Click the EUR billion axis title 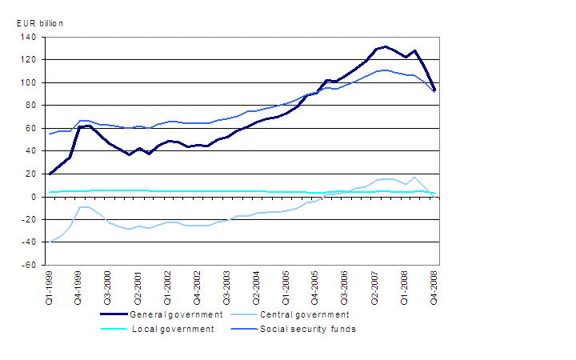(x=39, y=23)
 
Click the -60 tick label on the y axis (x=29, y=265)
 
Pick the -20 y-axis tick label (x=29, y=219)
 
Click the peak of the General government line (x=386, y=46)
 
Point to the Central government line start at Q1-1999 (x=49, y=242)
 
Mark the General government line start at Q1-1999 (x=49, y=174)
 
